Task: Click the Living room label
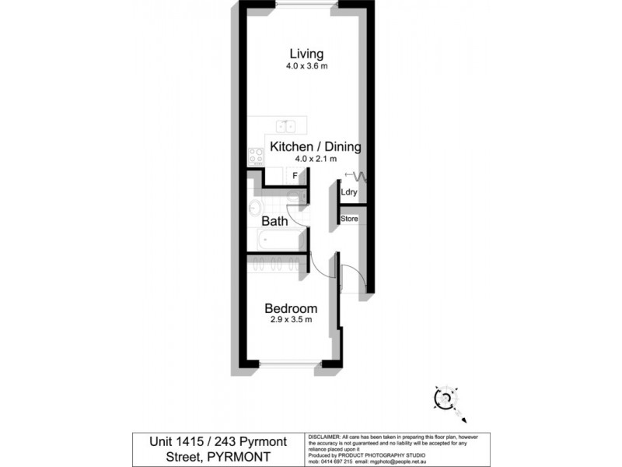coord(306,54)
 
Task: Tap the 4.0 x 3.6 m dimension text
coord(306,67)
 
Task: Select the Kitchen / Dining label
coord(315,146)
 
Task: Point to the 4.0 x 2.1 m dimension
coord(315,160)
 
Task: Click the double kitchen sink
coord(285,127)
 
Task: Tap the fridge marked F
coord(295,176)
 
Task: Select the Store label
coord(350,219)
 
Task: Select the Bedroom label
coord(290,308)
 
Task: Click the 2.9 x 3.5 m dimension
coord(290,320)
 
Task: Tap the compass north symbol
coord(447,399)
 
